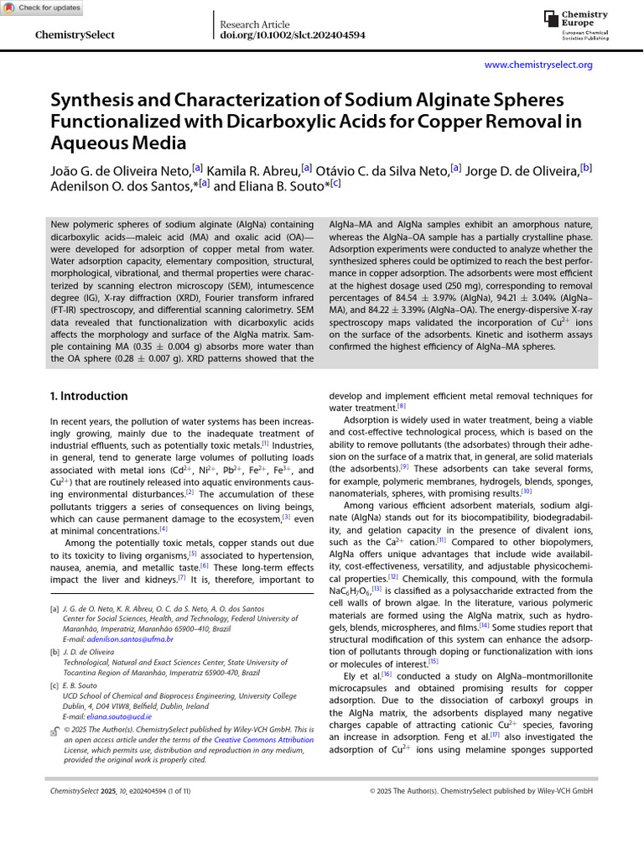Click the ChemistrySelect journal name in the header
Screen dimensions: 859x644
point(75,35)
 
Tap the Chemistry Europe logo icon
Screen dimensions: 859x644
point(550,18)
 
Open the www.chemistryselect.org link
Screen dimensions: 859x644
point(538,65)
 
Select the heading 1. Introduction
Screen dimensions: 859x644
point(89,396)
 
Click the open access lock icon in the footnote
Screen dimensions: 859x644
point(55,731)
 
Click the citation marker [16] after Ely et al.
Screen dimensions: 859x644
point(387,674)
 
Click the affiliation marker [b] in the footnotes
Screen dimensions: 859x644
point(55,651)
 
